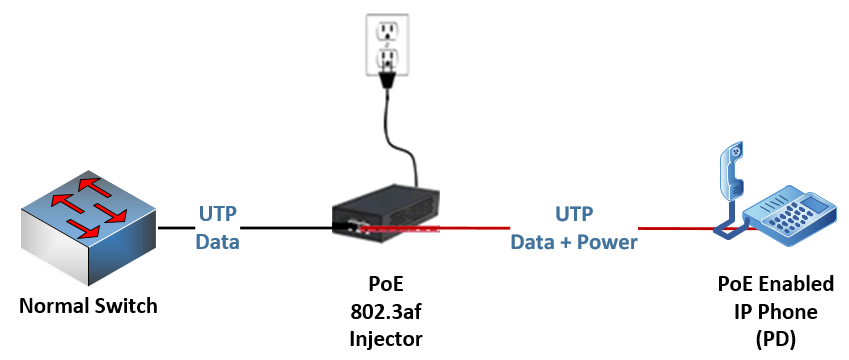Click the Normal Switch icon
tap(87, 228)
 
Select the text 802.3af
tap(385, 311)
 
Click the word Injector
tap(385, 339)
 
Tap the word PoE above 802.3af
tap(385, 284)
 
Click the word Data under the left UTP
tap(217, 241)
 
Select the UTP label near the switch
tap(217, 214)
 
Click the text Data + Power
tap(574, 241)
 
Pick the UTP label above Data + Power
tap(574, 214)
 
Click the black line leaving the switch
tap(175, 228)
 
